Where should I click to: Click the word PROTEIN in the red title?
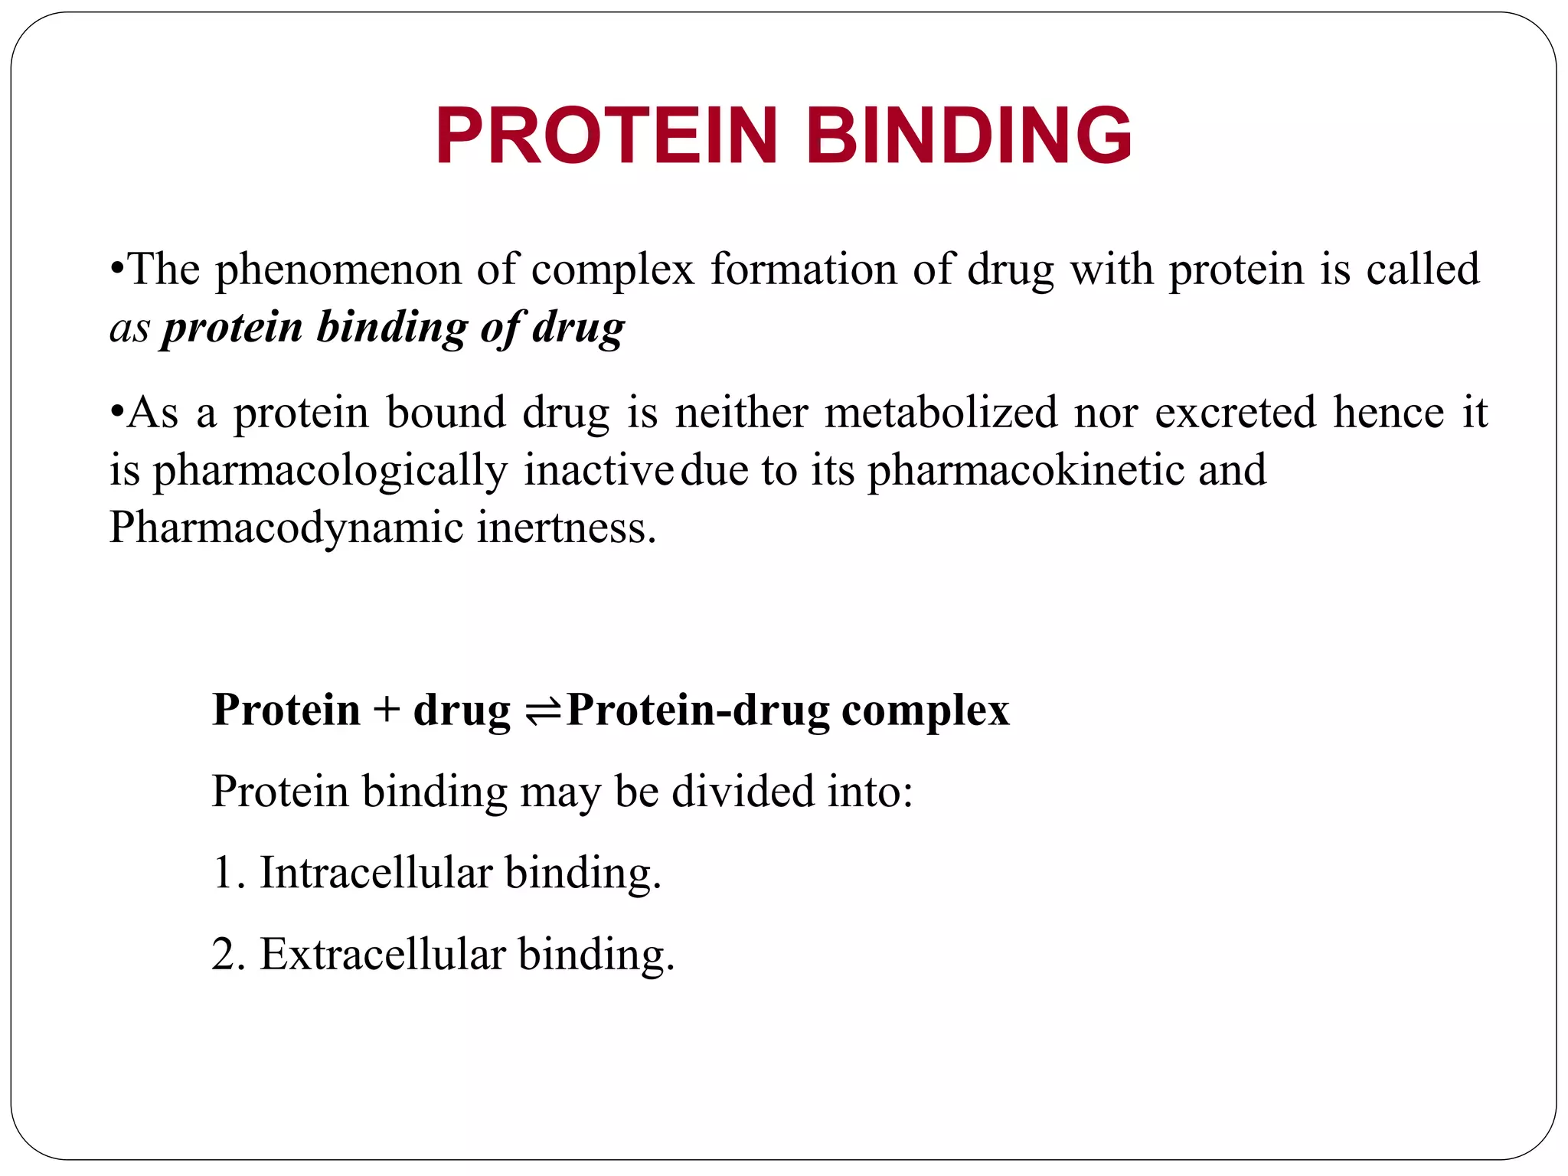tap(606, 136)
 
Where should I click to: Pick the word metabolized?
tap(941, 413)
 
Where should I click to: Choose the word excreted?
tap(1235, 413)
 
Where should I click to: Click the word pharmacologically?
tap(330, 472)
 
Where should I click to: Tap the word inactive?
tap(598, 470)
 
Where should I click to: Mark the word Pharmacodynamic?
tap(286, 529)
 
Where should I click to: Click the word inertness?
tap(567, 528)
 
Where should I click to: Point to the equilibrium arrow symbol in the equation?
tap(543, 712)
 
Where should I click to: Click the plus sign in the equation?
tap(387, 710)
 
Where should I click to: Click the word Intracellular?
tap(375, 872)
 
